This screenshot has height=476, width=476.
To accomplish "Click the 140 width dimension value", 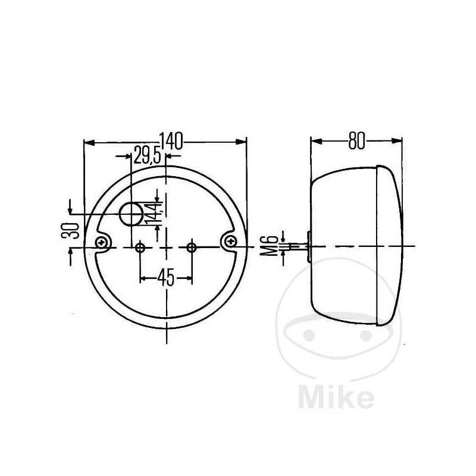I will point(170,141).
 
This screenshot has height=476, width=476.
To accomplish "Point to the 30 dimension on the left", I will point(71,230).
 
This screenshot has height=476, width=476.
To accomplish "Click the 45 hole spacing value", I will point(166,277).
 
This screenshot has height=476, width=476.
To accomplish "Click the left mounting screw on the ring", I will point(104,242).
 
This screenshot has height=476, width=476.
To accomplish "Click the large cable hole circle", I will point(131,214).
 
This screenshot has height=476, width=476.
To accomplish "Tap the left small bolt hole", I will point(140,247).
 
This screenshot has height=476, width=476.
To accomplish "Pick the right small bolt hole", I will point(192,247).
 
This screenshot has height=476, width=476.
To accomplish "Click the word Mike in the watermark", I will point(336,396).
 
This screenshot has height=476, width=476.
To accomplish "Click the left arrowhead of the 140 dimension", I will point(89,142).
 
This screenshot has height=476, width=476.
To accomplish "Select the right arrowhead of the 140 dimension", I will point(242,142).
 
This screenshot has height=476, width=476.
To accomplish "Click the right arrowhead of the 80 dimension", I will point(397,141).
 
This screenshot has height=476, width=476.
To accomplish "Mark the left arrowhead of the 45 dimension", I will point(144,277).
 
